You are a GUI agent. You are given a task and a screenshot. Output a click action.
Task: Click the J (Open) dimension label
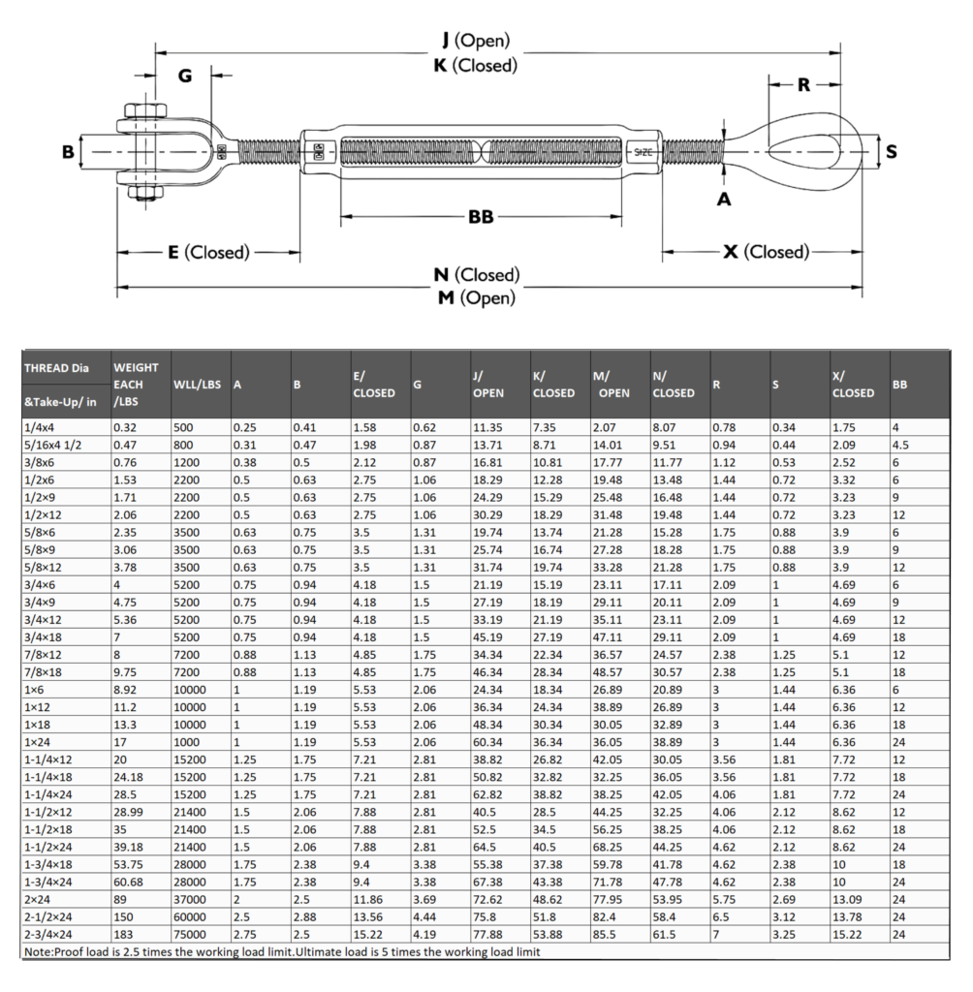[475, 41]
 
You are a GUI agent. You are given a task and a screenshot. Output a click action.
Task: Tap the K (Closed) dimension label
[475, 66]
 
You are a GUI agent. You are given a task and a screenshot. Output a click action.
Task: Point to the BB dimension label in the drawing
[481, 217]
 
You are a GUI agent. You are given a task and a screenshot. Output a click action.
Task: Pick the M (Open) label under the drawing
[475, 298]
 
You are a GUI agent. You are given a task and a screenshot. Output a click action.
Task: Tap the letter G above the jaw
[186, 76]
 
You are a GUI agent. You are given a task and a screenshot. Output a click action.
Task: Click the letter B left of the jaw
[68, 152]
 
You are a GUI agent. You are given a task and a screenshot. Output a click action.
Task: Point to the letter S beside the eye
[892, 152]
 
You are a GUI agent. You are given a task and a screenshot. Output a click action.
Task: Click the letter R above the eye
[803, 85]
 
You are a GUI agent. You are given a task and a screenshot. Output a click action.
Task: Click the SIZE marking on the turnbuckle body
[644, 152]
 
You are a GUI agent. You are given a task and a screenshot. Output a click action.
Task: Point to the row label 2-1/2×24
[52, 918]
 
